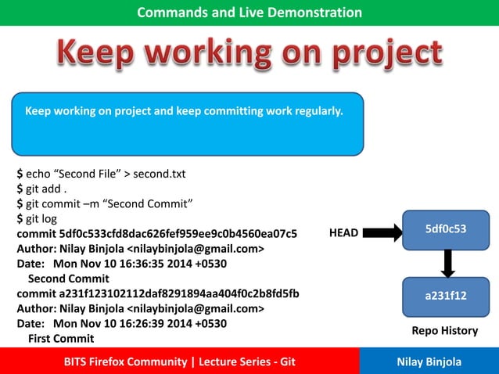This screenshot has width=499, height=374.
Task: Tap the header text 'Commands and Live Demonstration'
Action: tap(249, 13)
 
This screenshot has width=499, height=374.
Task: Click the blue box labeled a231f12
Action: tap(446, 297)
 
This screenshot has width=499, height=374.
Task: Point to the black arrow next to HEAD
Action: tap(382, 232)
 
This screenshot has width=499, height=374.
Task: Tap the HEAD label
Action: tap(343, 233)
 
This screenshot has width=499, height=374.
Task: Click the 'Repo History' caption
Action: tap(444, 331)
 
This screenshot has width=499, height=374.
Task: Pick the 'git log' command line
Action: tap(46, 219)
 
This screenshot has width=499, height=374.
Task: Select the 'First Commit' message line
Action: tap(61, 338)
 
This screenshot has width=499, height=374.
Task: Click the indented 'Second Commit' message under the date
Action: tap(68, 279)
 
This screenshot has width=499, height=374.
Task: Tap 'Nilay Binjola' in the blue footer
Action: tap(429, 361)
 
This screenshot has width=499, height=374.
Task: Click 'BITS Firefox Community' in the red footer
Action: tap(125, 361)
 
